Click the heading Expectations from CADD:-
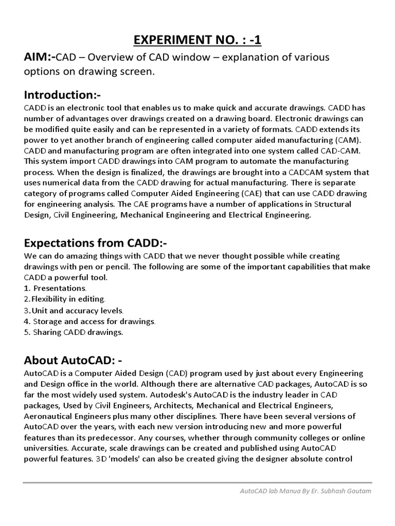pyautogui.click(x=96, y=242)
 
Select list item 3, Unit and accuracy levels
pyautogui.click(x=74, y=310)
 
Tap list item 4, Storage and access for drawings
pyautogui.click(x=90, y=321)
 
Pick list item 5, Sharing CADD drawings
pyautogui.click(x=74, y=332)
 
